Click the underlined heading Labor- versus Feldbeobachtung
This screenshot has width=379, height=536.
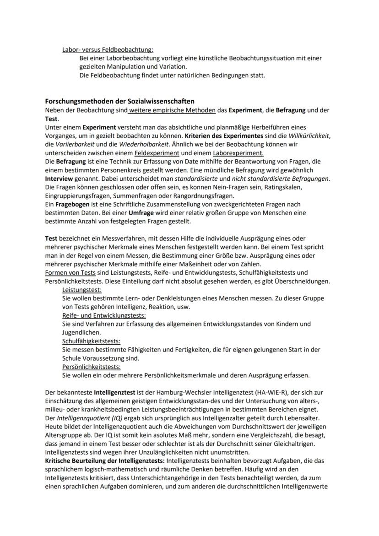[108, 49]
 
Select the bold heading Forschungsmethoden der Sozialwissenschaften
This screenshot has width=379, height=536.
[119, 101]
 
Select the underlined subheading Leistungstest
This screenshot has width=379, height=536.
[82, 290]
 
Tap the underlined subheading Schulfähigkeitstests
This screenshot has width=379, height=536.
[92, 341]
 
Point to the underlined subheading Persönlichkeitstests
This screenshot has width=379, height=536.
[92, 367]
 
